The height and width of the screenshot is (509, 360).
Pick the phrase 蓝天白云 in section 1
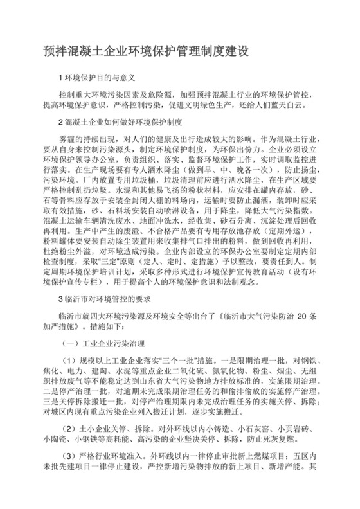297,105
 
